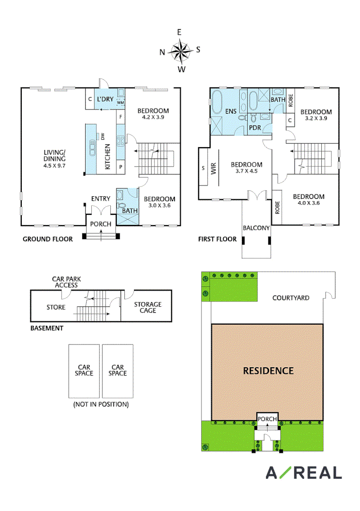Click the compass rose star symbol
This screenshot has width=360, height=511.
(181, 51)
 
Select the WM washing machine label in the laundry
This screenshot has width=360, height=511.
(121, 102)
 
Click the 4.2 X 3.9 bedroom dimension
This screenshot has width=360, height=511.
(153, 117)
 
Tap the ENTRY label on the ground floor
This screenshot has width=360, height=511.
(101, 198)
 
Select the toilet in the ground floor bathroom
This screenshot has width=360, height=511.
(122, 206)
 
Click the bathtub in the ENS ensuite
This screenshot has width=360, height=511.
(217, 101)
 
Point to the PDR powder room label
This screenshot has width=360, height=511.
(255, 128)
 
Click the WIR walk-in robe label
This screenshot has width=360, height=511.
(213, 168)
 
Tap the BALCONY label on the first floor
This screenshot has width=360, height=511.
(256, 228)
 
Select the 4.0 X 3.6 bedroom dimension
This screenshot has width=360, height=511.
(308, 203)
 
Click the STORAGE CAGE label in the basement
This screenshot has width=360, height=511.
(148, 308)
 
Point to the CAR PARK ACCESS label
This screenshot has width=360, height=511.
(66, 282)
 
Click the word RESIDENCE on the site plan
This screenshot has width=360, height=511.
(268, 371)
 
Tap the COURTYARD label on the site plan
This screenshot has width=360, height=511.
(290, 298)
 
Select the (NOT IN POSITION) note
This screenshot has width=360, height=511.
(101, 405)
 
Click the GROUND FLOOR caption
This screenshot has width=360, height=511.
(48, 239)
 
